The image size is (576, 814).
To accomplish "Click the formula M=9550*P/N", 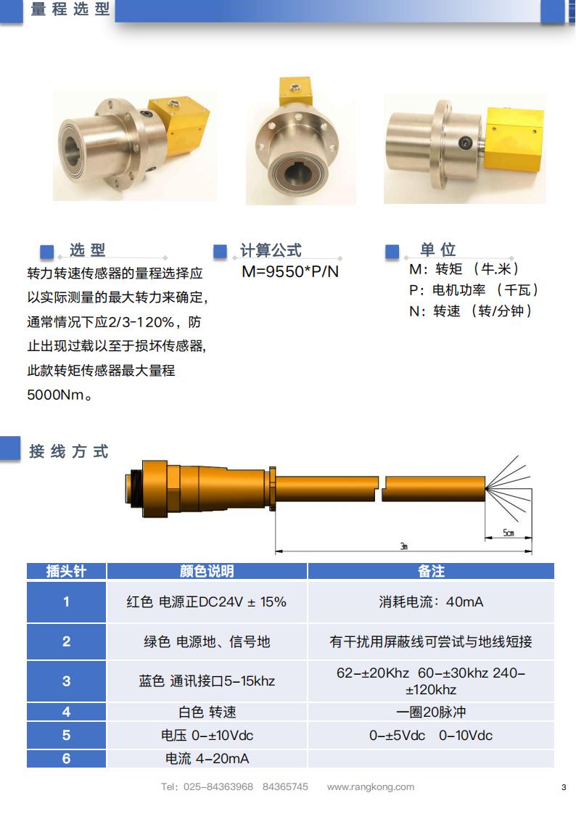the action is (x=290, y=271).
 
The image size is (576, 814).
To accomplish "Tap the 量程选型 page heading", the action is (x=70, y=9).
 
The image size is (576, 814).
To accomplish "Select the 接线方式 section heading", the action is (x=69, y=451).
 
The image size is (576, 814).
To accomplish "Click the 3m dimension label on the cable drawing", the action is (x=404, y=546).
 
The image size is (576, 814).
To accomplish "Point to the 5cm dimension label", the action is (x=509, y=533).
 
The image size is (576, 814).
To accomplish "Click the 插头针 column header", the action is (x=67, y=571).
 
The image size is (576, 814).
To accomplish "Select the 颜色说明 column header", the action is (x=207, y=571).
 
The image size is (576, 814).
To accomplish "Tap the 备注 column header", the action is (x=431, y=571).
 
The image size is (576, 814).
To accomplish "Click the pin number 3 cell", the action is (x=67, y=681).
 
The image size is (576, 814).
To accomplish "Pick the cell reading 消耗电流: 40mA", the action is (x=431, y=601).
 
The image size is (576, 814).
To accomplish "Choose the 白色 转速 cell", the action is (x=207, y=712).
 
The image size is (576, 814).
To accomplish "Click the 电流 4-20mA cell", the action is (x=207, y=759).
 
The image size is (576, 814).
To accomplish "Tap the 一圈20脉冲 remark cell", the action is (x=431, y=712).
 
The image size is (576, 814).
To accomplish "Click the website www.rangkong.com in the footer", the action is (x=371, y=787).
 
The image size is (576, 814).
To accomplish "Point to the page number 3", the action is (x=564, y=788).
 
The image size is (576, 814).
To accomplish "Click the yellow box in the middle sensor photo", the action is (x=295, y=91).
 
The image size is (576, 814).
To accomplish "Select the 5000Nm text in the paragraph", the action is (x=56, y=395).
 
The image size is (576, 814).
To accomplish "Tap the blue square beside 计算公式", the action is (x=220, y=251).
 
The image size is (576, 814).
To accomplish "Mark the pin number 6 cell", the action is (x=67, y=759).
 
